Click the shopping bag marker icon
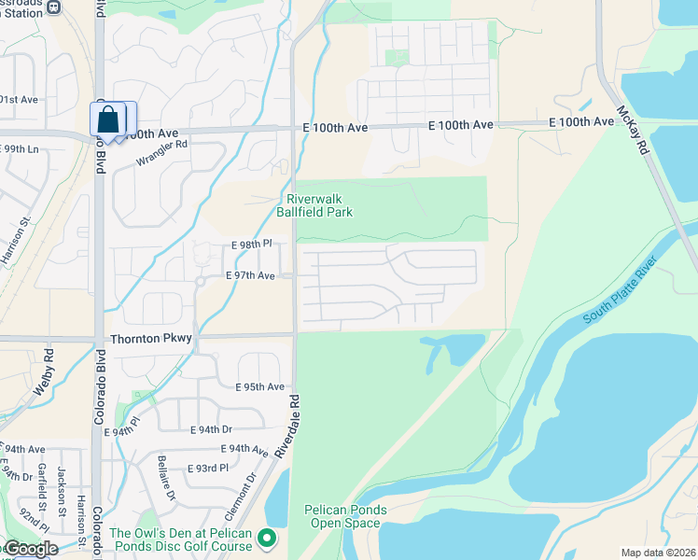click(x=108, y=120)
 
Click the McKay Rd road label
click(x=631, y=129)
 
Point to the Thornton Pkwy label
click(x=149, y=340)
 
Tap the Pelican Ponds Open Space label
click(x=342, y=516)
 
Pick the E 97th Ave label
click(x=250, y=276)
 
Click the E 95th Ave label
click(x=259, y=386)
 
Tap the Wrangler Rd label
click(x=161, y=152)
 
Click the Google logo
click(x=30, y=549)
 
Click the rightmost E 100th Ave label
click(x=580, y=122)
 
